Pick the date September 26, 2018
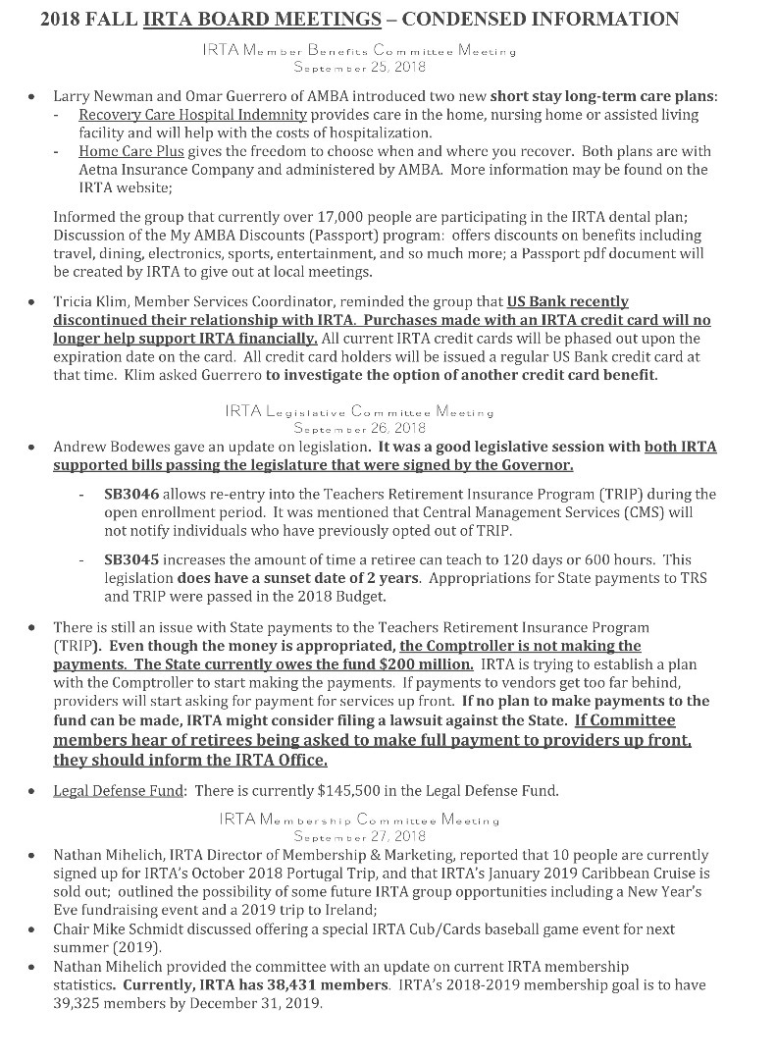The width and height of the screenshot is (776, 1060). [x=358, y=428]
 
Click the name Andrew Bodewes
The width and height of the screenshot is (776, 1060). [x=106, y=447]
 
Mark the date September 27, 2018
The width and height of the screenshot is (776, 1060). [x=358, y=836]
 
